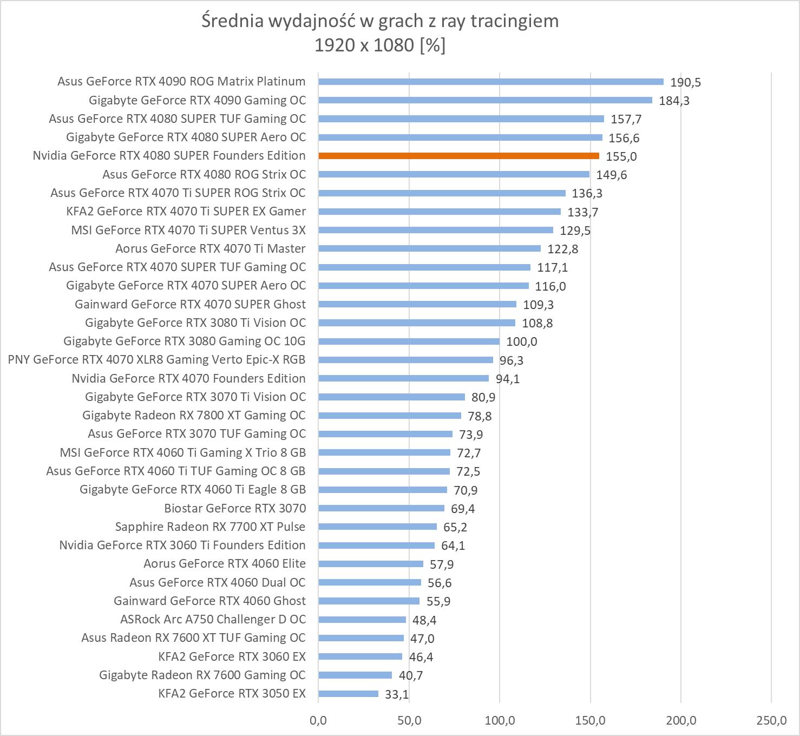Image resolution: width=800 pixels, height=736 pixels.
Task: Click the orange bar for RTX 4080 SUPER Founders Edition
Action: [459, 156]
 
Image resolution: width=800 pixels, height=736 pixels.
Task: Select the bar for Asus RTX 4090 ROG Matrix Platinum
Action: [491, 82]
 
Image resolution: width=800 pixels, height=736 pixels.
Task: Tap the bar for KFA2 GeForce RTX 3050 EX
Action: [349, 694]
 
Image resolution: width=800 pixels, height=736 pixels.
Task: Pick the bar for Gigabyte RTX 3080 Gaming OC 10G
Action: [409, 341]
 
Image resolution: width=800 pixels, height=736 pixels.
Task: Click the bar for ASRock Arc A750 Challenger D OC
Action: [362, 620]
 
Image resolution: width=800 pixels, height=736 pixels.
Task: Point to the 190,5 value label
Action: [685, 82]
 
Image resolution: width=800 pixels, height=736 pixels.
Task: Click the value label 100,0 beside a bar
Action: [521, 341]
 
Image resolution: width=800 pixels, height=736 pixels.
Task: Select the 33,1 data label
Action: [397, 694]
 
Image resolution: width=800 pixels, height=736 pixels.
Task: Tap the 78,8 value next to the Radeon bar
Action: [476, 416]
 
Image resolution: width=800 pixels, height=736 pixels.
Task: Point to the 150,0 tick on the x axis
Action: [590, 720]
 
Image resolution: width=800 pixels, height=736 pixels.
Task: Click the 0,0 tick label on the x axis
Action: [318, 720]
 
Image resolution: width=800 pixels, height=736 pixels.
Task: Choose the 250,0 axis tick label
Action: [771, 720]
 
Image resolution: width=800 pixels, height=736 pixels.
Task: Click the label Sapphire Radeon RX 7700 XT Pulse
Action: [210, 527]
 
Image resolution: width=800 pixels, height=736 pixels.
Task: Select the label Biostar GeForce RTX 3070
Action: [235, 508]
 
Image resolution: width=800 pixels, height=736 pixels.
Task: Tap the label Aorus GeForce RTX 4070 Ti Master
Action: [211, 248]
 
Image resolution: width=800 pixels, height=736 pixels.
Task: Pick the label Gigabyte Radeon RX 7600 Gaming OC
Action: [202, 675]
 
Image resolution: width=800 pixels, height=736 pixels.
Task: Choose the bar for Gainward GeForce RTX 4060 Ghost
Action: [369, 601]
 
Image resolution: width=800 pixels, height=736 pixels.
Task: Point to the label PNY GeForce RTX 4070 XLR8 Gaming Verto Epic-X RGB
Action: [156, 359]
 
